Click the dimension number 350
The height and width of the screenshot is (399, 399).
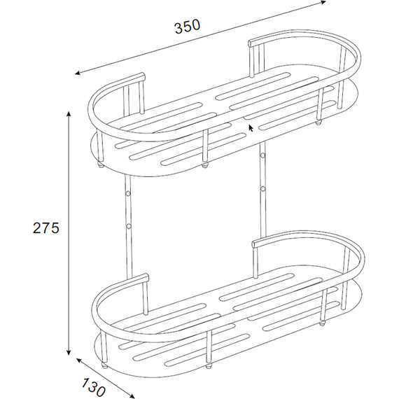pyautogui.click(x=188, y=27)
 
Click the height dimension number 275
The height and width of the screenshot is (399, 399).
pyautogui.click(x=46, y=227)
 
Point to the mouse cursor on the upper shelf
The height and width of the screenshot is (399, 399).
pyautogui.click(x=251, y=128)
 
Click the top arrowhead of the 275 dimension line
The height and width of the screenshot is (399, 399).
pyautogui.click(x=69, y=114)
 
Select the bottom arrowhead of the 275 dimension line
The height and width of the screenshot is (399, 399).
pyautogui.click(x=69, y=352)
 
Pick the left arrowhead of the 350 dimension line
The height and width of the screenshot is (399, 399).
pyautogui.click(x=78, y=73)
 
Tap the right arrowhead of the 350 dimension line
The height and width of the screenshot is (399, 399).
pyautogui.click(x=323, y=2)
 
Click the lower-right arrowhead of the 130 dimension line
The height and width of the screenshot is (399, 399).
pyautogui.click(x=132, y=395)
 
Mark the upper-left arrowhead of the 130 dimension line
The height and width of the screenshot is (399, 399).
pyautogui.click(x=79, y=360)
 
